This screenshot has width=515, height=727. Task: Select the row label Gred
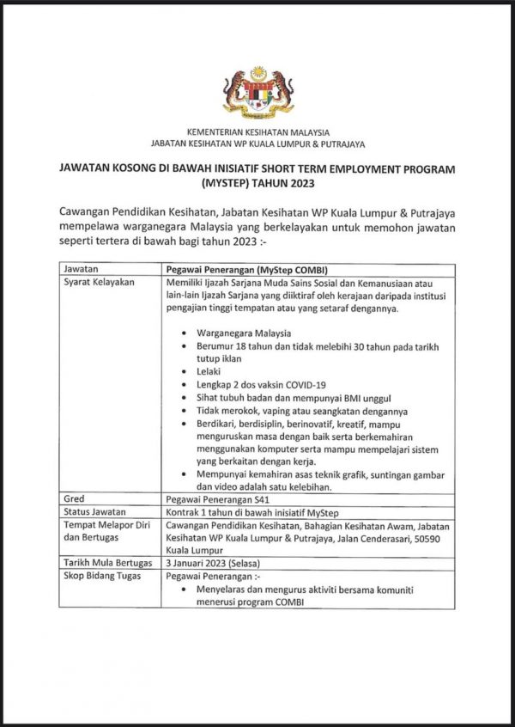[x=76, y=498]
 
